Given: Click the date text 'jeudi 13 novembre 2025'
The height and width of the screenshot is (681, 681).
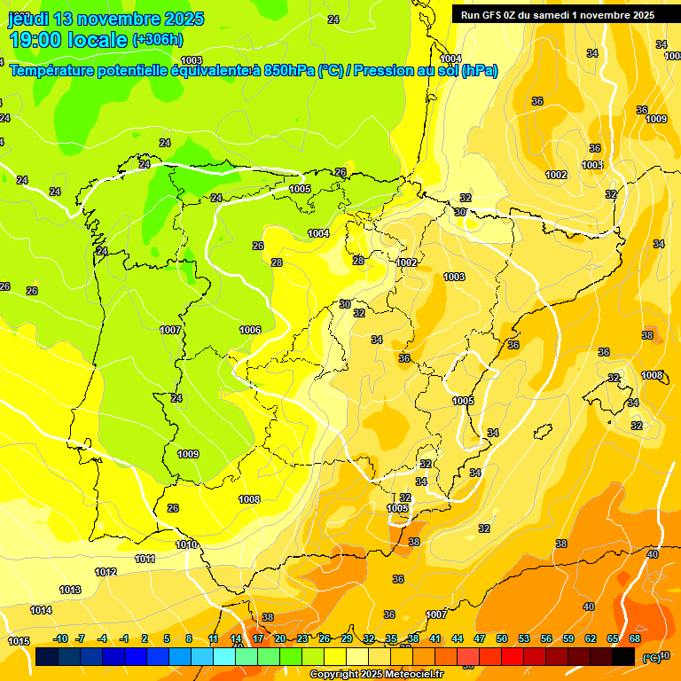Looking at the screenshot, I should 106,19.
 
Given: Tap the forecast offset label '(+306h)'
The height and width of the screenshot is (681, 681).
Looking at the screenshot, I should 157,40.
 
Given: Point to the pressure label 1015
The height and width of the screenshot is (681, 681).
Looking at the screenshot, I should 19,640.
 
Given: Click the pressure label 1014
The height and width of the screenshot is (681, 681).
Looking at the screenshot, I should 41,610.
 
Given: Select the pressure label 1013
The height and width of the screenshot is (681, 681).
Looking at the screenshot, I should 70,590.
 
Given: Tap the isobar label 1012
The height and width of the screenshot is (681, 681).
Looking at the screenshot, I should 106,572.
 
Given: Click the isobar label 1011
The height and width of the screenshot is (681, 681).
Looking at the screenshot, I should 145,559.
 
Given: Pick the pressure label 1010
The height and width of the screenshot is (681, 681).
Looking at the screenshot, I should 186,544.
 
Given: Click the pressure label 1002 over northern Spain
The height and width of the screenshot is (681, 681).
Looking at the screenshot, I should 407,262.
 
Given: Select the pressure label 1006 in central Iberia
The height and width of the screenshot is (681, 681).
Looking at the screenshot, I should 250,330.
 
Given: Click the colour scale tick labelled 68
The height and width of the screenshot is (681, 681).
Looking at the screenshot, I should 635,638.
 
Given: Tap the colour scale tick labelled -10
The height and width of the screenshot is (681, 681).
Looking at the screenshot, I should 61,638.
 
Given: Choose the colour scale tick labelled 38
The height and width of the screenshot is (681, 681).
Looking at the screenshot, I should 413,638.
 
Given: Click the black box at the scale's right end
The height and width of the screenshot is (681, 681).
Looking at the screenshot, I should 623,656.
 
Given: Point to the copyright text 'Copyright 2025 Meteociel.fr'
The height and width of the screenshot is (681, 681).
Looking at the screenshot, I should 377,674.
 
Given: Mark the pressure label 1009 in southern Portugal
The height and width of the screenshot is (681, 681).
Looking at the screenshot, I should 188,454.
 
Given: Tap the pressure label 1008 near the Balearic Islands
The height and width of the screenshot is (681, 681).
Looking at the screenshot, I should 652,375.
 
